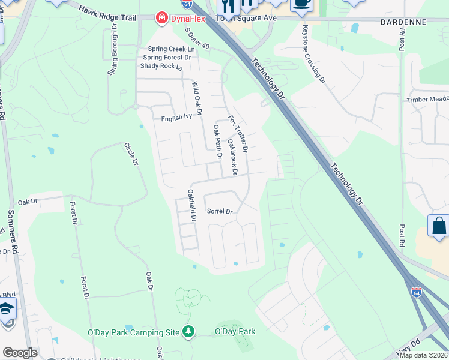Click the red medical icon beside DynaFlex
[x=161, y=19]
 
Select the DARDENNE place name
[x=403, y=22]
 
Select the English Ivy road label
[x=176, y=119]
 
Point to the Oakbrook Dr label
[x=233, y=157]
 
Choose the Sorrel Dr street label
[x=219, y=211]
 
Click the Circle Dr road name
[x=131, y=155]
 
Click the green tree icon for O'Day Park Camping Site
[x=188, y=331]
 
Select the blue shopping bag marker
[x=439, y=226]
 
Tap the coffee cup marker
[x=300, y=4]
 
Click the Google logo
[x=19, y=353]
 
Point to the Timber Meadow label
[x=427, y=100]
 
